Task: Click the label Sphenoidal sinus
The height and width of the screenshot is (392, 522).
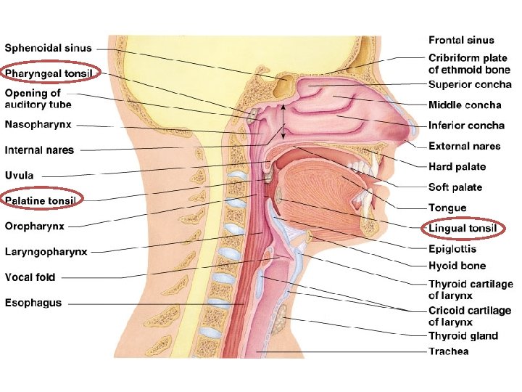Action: point(49,49)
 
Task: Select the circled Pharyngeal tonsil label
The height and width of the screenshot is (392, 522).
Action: point(49,73)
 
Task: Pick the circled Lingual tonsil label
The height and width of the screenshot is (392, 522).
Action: point(463,229)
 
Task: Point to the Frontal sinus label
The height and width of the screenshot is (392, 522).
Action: point(461,41)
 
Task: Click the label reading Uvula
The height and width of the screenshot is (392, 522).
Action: point(20,176)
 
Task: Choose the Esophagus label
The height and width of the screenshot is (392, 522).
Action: point(33,303)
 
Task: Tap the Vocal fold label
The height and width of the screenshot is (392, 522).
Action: point(30,277)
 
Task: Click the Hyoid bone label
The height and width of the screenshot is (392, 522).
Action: point(457,266)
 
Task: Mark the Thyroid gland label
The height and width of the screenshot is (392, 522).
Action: point(463,335)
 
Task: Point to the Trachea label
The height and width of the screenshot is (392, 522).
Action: point(448,351)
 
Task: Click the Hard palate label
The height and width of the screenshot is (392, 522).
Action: point(457,167)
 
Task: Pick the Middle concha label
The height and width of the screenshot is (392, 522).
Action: point(464,105)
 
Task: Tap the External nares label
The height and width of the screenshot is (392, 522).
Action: point(464,146)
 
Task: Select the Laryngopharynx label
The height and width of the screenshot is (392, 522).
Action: point(46,252)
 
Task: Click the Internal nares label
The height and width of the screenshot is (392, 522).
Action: point(39,150)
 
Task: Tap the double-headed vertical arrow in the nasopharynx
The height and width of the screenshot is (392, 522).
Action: point(283,122)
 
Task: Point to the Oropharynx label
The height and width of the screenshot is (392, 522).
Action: point(34,226)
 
